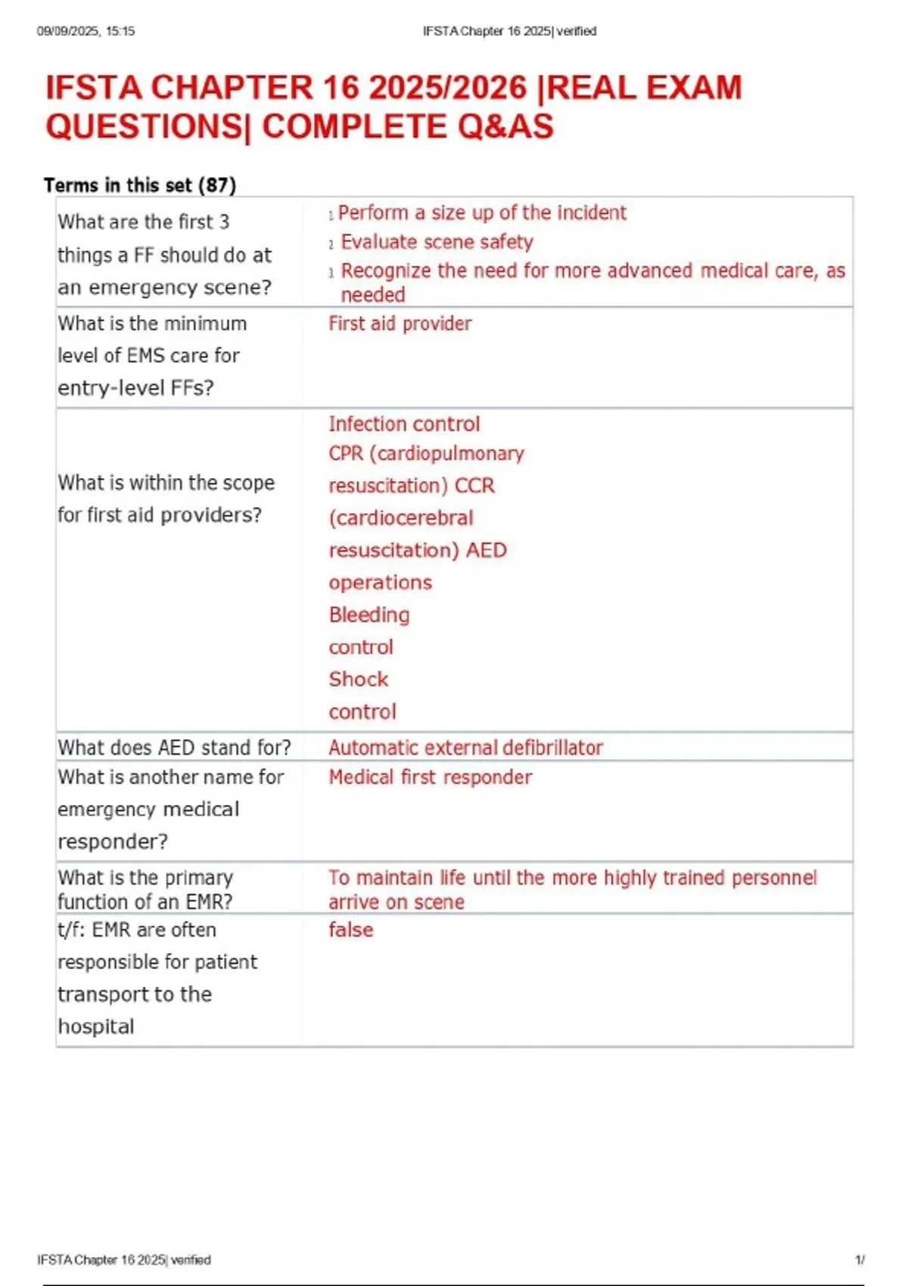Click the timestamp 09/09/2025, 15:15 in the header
(x=86, y=31)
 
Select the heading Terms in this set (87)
(x=140, y=185)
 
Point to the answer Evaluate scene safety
(x=437, y=242)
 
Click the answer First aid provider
(x=400, y=324)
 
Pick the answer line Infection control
(x=404, y=424)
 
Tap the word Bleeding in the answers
(x=369, y=615)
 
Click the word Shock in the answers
(x=359, y=679)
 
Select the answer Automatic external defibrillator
(x=465, y=748)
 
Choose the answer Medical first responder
(x=430, y=778)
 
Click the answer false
(x=351, y=930)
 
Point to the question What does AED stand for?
(x=174, y=748)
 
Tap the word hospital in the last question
(x=96, y=1027)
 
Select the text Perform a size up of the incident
(x=482, y=213)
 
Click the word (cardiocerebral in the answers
(x=401, y=518)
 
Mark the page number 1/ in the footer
(x=860, y=1260)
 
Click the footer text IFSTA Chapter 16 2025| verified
(x=124, y=1260)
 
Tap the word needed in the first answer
(x=373, y=295)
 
